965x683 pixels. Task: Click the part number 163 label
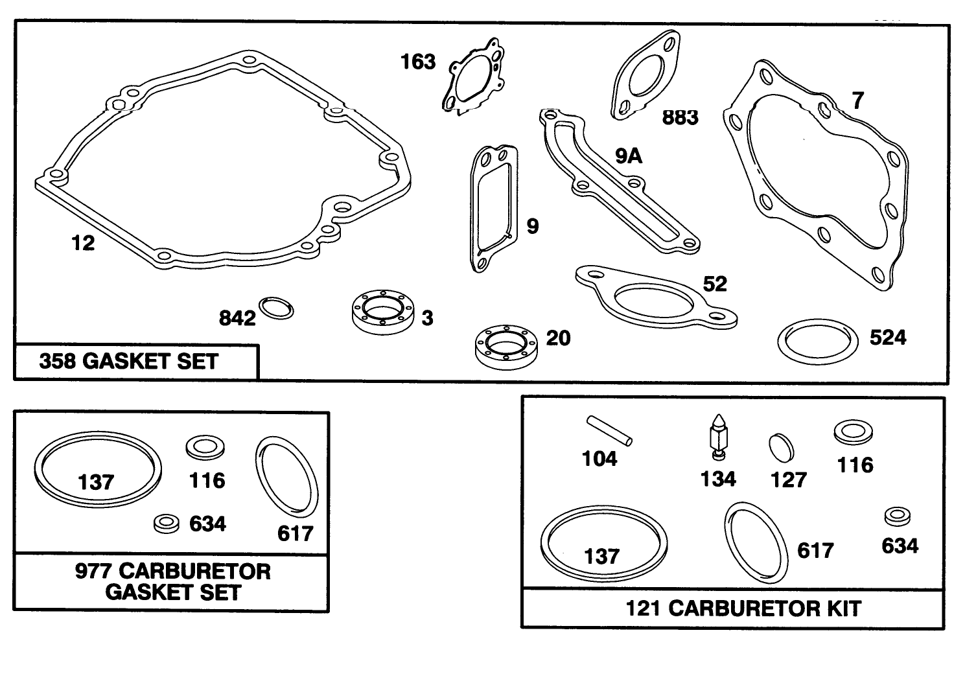coord(418,62)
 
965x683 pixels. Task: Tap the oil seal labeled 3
coord(382,314)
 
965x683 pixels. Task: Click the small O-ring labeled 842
coord(276,308)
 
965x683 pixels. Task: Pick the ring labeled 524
coord(815,341)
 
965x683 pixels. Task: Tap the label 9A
coord(629,156)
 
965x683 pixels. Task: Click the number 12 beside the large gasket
coord(83,244)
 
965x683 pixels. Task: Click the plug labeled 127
coord(781,448)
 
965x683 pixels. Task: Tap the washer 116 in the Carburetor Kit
coord(854,432)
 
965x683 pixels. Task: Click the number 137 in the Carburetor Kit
coord(601,557)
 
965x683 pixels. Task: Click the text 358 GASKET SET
coord(129,362)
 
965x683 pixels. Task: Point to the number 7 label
coord(858,101)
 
